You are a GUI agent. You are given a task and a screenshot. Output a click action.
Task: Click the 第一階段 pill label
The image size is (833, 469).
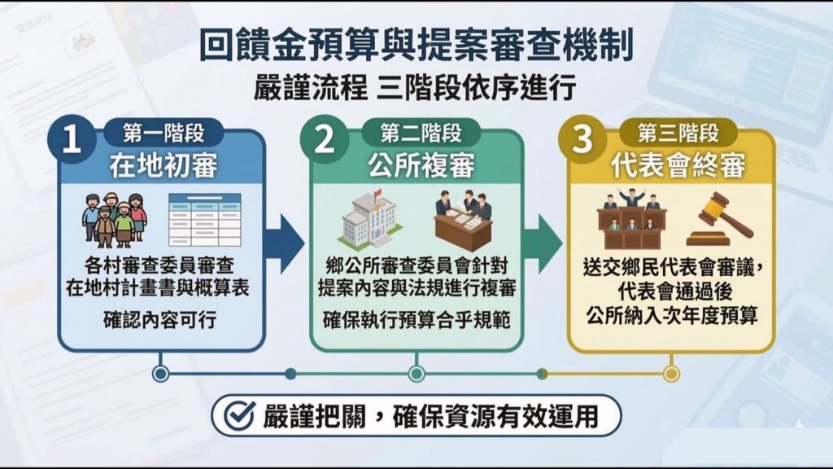click(164, 133)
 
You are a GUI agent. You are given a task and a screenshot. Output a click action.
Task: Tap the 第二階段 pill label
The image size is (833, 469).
click(421, 133)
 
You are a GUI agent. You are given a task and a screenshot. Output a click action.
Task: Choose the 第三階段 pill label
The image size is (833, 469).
click(678, 133)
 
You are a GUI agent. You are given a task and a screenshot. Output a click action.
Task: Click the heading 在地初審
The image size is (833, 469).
click(164, 166)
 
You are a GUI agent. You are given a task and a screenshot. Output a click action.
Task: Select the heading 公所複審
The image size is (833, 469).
click(421, 166)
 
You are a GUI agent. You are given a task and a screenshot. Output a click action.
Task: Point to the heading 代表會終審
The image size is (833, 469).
click(678, 166)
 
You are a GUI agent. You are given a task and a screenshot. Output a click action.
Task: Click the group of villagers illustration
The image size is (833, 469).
click(114, 220)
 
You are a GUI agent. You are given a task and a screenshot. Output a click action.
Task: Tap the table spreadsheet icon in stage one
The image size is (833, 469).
click(204, 220)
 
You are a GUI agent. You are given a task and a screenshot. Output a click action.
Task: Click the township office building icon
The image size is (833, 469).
click(369, 219)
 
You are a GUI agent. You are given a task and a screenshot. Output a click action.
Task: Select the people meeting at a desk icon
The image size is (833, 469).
click(463, 219)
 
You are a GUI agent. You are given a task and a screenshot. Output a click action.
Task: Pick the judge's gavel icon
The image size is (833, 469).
click(720, 219)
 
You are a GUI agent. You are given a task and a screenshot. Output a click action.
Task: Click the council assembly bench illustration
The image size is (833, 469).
click(631, 219)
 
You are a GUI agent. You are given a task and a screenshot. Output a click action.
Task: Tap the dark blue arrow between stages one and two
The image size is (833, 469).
click(285, 244)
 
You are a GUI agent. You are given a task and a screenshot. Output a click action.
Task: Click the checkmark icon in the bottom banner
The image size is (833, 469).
click(238, 415)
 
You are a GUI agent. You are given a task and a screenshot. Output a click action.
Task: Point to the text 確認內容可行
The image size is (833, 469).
click(159, 320)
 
